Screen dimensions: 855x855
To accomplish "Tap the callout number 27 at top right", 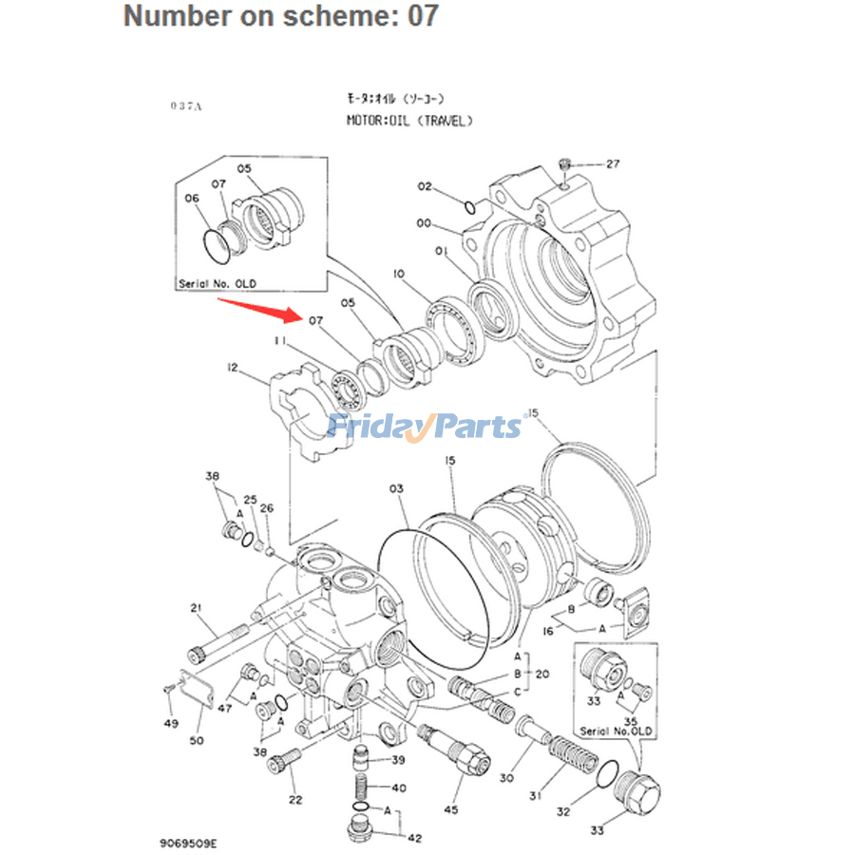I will (613, 163).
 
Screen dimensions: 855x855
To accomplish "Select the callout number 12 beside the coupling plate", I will (231, 367).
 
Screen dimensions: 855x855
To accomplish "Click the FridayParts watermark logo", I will (425, 426).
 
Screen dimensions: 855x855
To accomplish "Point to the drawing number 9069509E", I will (189, 842).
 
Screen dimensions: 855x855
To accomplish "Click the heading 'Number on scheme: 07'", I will (281, 16).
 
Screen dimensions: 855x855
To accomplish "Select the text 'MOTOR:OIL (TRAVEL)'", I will (408, 121).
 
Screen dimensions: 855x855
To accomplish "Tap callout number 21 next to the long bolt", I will (197, 608).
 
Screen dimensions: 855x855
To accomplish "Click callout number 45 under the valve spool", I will (451, 809).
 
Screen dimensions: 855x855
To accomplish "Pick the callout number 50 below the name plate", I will (197, 740).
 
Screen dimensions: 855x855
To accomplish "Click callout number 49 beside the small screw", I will (171, 725).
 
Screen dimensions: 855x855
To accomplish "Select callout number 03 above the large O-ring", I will (396, 488).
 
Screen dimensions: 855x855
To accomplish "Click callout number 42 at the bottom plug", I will (415, 837).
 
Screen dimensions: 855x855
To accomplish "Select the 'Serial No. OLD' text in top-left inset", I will (217, 284).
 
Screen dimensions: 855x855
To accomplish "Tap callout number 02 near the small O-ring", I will (424, 186).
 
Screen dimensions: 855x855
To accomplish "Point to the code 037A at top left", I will (186, 106).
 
